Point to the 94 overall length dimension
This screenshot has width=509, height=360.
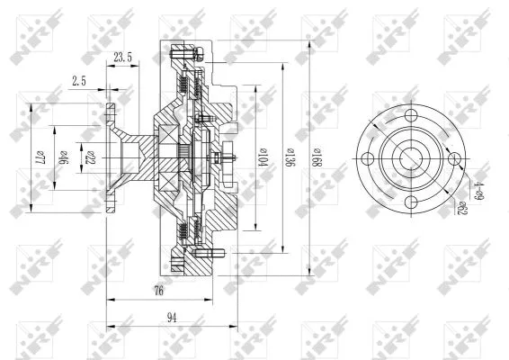point(172,316)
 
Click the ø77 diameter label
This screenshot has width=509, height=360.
point(39,158)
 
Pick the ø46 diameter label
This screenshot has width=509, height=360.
point(63,157)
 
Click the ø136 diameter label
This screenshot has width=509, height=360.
point(290,157)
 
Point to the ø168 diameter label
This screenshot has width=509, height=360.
point(316,158)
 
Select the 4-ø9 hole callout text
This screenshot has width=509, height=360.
point(480,185)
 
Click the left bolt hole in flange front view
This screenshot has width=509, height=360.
point(368,158)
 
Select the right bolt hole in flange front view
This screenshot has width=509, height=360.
point(455,158)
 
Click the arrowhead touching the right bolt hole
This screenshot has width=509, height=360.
point(460,164)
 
